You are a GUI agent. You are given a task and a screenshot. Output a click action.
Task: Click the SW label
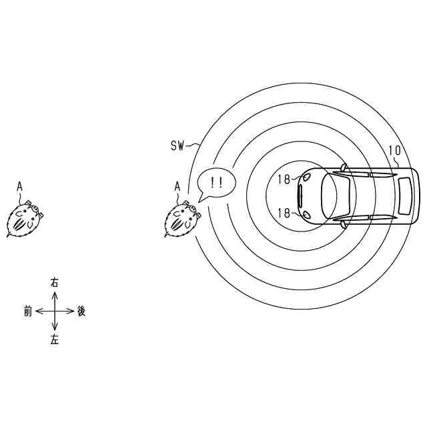click(x=177, y=145)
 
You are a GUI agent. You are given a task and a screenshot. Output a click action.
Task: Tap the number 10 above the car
click(x=395, y=150)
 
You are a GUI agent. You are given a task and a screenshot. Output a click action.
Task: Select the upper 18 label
click(x=284, y=179)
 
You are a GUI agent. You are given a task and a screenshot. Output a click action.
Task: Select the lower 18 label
click(x=284, y=213)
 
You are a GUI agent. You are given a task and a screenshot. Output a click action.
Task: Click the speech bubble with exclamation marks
click(x=216, y=184)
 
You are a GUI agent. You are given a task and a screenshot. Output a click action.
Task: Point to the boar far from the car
click(x=25, y=219)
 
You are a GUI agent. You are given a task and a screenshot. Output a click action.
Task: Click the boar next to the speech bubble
click(x=183, y=219)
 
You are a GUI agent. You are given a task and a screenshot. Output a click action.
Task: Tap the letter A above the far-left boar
click(x=19, y=187)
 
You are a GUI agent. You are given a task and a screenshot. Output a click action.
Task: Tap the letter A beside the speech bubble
click(x=177, y=187)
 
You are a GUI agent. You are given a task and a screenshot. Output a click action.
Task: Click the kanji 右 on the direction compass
click(x=55, y=283)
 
